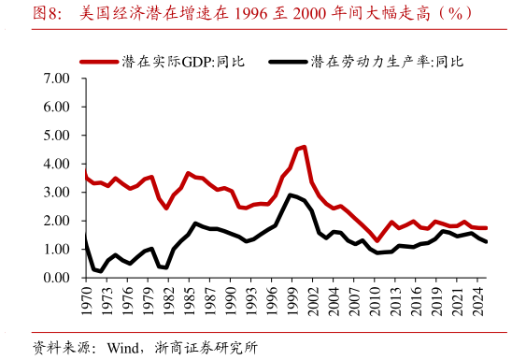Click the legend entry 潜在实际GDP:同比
183,62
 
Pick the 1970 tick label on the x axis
85,301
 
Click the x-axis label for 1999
292,301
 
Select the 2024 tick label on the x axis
476,301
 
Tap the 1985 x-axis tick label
192,301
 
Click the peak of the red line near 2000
304,146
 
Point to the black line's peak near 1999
291,194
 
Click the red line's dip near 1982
166,208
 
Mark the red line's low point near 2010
377,241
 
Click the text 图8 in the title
48,14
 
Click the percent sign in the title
457,14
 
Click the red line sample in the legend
99,62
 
